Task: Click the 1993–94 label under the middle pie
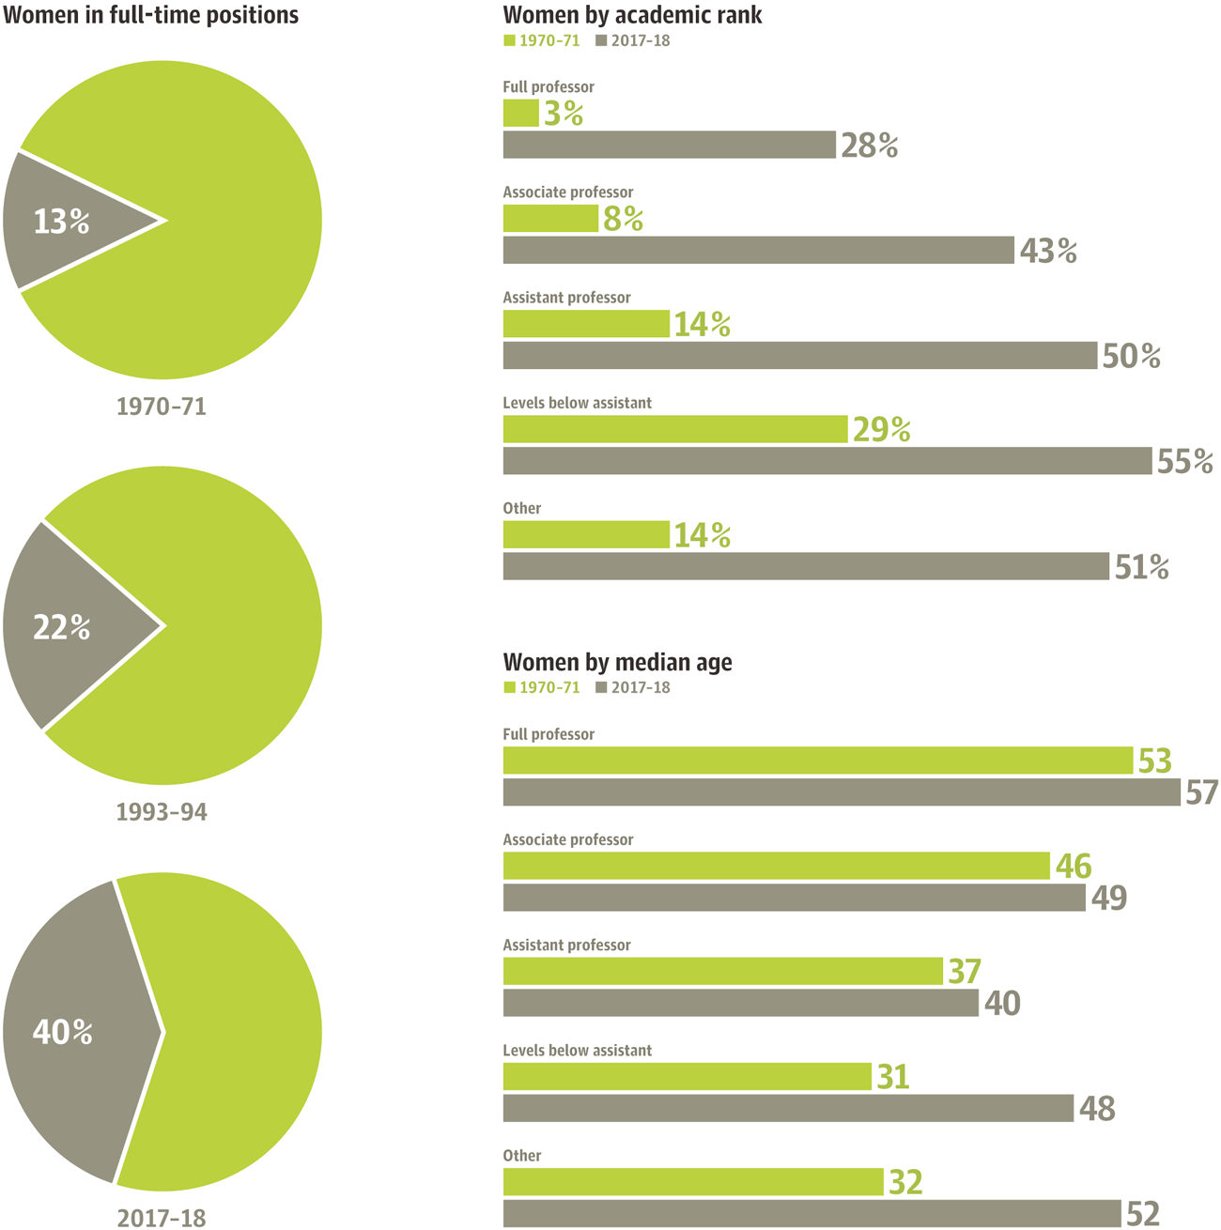tap(162, 812)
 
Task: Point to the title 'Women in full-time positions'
tap(150, 15)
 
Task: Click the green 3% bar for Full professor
tap(520, 113)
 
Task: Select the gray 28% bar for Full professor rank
tap(670, 145)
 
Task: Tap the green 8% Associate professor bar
tap(550, 218)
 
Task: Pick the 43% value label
tap(1048, 251)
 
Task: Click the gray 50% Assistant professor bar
tap(800, 356)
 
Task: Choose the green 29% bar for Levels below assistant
tap(675, 429)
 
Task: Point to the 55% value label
tap(1185, 461)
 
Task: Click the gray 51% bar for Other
tap(806, 566)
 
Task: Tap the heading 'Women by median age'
tap(617, 662)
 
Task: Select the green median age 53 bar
tap(818, 761)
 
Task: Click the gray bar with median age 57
tap(842, 792)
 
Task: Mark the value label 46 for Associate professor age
tap(1074, 867)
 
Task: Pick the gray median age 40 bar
tap(741, 1003)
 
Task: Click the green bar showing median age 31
tap(688, 1076)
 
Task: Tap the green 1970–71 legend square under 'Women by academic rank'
tap(509, 41)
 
